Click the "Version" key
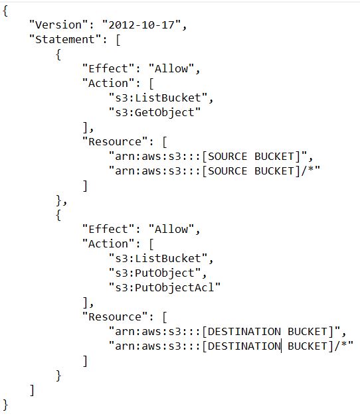pyautogui.click(x=58, y=25)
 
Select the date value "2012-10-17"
pyautogui.click(x=141, y=25)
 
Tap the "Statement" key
pyautogui.click(x=65, y=39)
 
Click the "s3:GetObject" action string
pyautogui.click(x=154, y=113)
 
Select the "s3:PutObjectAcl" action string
pyautogui.click(x=164, y=287)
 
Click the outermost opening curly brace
pyautogui.click(x=5, y=11)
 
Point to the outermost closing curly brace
pyautogui.click(x=5, y=405)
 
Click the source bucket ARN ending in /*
pyautogui.click(x=214, y=171)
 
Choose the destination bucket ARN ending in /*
pyautogui.click(x=230, y=346)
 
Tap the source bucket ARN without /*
pyautogui.click(x=207, y=156)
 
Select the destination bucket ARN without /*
pyautogui.click(x=224, y=331)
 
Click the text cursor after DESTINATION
pyautogui.click(x=282, y=346)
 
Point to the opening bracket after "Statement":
pyautogui.click(x=118, y=40)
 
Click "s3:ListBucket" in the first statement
pyautogui.click(x=157, y=98)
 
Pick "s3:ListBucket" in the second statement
pyautogui.click(x=157, y=258)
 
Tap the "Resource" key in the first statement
pyautogui.click(x=115, y=141)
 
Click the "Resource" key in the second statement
pyautogui.click(x=115, y=316)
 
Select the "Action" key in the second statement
pyautogui.click(x=108, y=244)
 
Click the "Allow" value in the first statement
pyautogui.click(x=171, y=68)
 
